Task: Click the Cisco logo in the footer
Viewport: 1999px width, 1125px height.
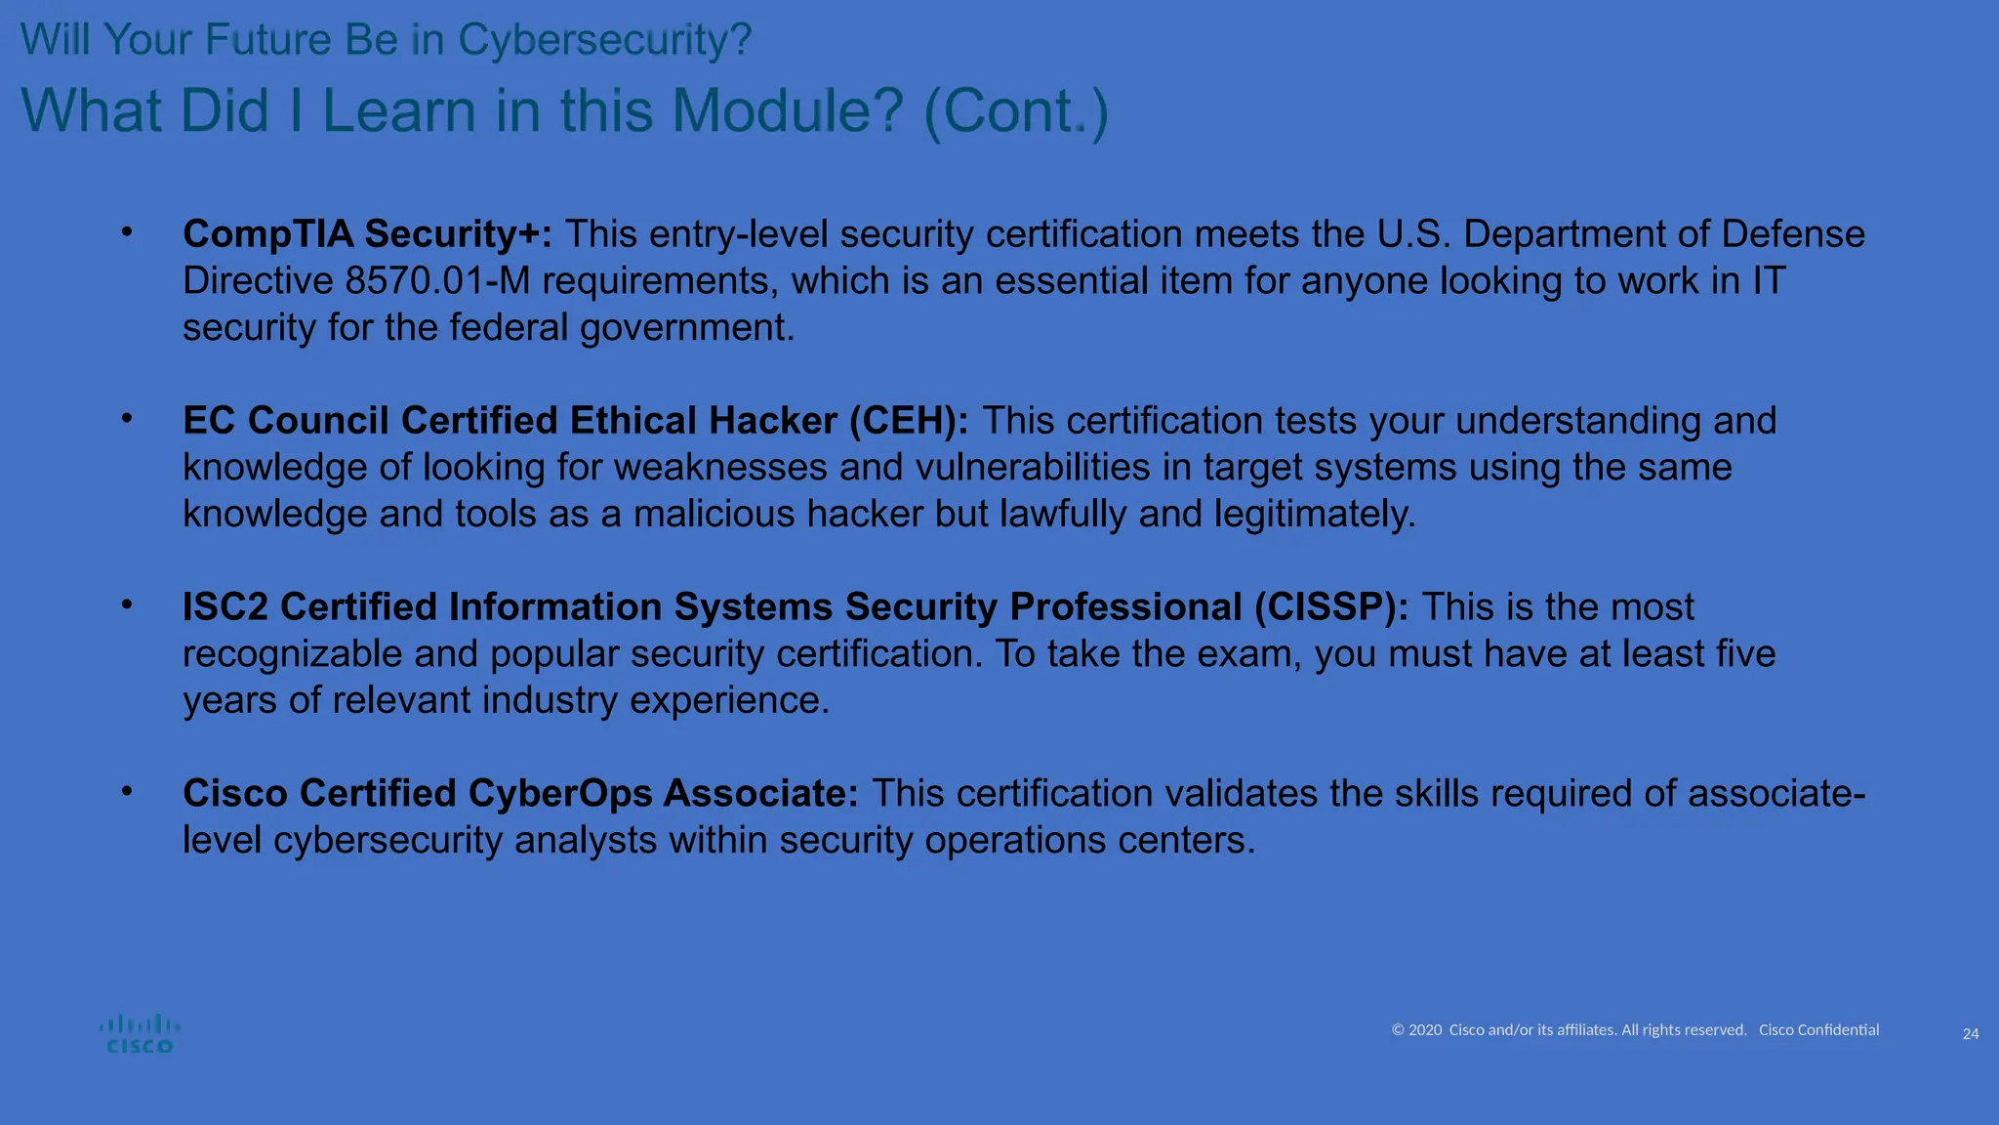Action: (x=140, y=1034)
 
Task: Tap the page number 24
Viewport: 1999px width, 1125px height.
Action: (x=1970, y=1034)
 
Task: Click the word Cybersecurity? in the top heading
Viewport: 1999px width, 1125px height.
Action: (x=605, y=40)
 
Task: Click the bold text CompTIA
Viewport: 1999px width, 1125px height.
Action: (x=267, y=234)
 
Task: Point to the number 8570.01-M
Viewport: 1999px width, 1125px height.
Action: (x=437, y=281)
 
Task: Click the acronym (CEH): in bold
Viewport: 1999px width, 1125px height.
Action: (x=909, y=421)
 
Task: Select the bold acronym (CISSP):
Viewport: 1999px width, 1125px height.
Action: (x=1331, y=607)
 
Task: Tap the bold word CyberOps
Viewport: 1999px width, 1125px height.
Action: (x=560, y=794)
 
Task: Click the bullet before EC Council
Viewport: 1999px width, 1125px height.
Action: (x=127, y=418)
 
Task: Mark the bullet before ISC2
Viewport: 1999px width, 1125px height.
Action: (x=127, y=604)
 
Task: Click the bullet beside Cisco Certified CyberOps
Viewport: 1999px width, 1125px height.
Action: (x=127, y=791)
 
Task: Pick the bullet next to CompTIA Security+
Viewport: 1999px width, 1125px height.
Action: (x=127, y=231)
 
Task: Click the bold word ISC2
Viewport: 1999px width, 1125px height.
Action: (x=225, y=607)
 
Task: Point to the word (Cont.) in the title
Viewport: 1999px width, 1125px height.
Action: (x=1016, y=111)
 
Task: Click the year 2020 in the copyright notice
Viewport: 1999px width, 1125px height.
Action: (x=1425, y=1030)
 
